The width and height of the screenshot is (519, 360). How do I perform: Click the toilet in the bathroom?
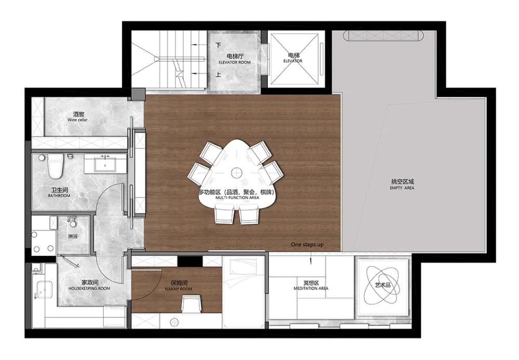tap(55, 166)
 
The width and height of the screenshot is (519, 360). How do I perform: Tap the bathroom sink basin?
tap(105, 164)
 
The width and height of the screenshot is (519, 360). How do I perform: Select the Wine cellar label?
tap(78, 120)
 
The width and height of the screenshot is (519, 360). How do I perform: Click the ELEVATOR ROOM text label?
tap(235, 62)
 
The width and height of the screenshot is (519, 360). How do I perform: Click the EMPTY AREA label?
tap(402, 188)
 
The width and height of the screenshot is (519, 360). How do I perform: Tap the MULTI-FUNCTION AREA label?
tap(237, 198)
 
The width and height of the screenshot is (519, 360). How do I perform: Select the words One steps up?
tap(307, 244)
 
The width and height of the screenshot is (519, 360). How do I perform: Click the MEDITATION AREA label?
tap(311, 288)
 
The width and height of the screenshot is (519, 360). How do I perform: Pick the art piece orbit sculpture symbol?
tap(382, 285)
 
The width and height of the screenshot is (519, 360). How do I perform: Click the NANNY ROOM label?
tap(179, 289)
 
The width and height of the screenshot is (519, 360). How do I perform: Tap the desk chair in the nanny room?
tap(192, 304)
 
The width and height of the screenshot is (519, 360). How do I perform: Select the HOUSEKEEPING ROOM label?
tap(89, 288)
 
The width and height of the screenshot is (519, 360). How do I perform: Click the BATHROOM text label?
tap(59, 196)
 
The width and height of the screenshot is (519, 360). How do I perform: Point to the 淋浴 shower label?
tap(73, 237)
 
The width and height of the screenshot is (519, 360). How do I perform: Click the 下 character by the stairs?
tap(218, 45)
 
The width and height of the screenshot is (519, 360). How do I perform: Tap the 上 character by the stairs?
tap(218, 75)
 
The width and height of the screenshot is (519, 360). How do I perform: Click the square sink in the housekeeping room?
tap(44, 289)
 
